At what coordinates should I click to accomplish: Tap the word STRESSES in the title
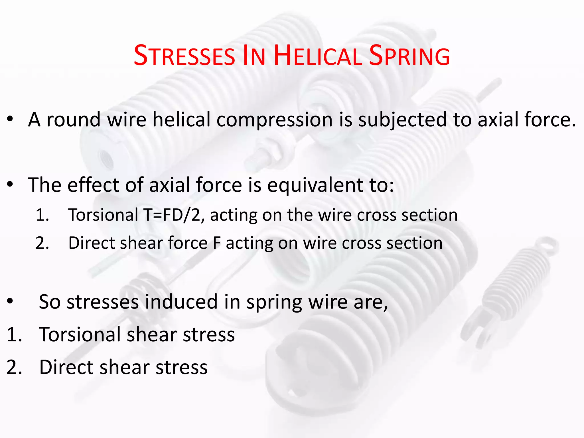(184, 56)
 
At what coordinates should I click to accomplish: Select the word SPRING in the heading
(409, 56)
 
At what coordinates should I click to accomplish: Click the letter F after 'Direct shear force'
(217, 243)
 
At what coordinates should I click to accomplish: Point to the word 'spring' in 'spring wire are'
(274, 302)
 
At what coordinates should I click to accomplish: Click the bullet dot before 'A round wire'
(10, 119)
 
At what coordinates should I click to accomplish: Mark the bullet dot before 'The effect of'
(10, 185)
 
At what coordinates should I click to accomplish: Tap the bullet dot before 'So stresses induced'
(10, 301)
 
